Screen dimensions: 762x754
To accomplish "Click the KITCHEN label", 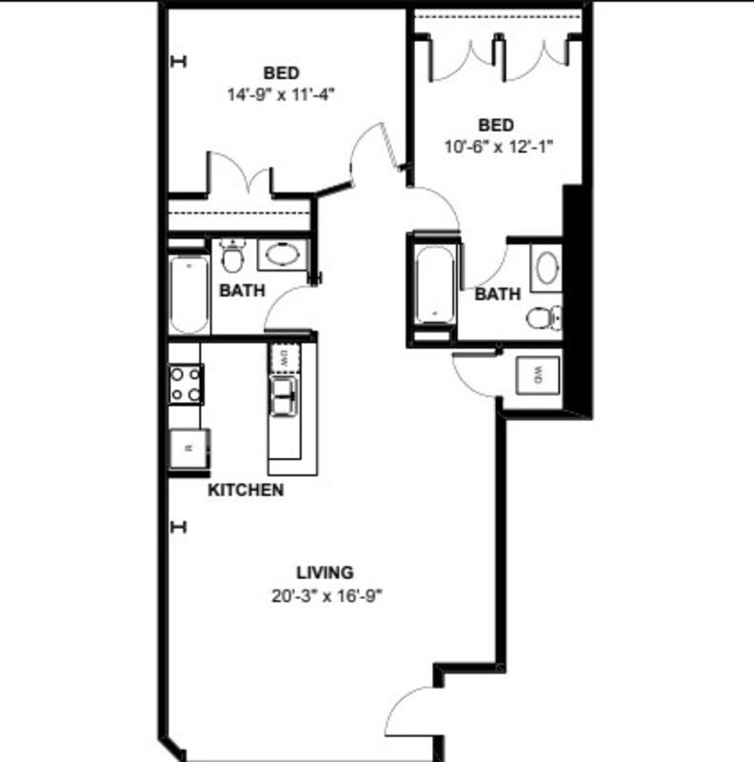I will (246, 491).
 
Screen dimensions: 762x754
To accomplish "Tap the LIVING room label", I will (325, 572).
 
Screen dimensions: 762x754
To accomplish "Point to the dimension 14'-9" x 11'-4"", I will (282, 94).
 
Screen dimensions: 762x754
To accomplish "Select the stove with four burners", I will (186, 384).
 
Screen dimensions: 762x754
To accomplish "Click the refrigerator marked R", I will (188, 448).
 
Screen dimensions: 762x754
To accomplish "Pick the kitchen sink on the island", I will (283, 395).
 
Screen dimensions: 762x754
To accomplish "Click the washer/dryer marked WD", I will (535, 375).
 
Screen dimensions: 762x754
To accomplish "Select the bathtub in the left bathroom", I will (188, 293).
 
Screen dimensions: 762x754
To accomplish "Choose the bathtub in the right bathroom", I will (435, 285).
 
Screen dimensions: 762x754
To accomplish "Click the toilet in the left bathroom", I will (231, 255).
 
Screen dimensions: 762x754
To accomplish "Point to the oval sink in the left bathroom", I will (282, 255).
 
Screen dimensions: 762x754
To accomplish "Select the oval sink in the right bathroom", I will (546, 268).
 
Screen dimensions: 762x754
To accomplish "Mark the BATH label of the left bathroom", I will (242, 291).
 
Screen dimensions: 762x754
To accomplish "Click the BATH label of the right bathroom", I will (497, 294).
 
